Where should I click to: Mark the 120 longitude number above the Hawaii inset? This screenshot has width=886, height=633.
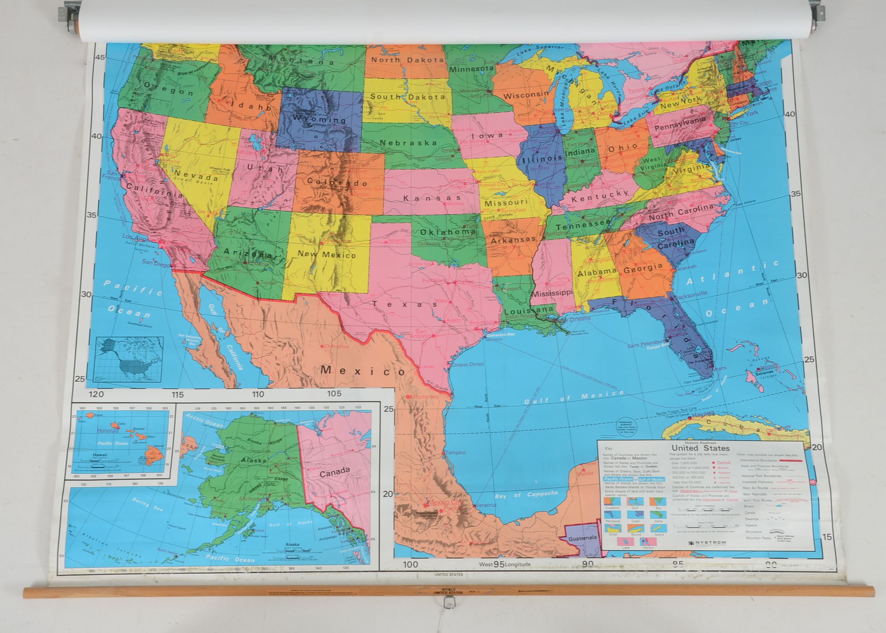(96, 394)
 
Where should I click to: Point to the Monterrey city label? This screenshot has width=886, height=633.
(422, 396)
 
